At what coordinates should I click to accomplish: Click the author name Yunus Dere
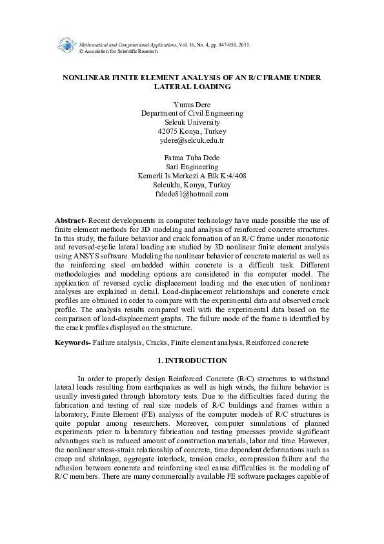192,104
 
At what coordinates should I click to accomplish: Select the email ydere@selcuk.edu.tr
192,140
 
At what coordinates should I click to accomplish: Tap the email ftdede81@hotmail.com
192,193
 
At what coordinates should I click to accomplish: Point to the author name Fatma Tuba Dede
192,158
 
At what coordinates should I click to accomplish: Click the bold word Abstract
70,221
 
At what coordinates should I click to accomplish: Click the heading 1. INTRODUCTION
192,360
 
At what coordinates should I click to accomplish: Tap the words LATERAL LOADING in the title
192,86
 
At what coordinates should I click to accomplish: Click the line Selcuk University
192,122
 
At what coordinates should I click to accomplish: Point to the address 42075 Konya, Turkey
192,131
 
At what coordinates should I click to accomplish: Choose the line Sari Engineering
192,167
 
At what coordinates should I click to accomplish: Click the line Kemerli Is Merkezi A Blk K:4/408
192,176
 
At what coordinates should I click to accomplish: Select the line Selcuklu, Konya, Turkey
192,185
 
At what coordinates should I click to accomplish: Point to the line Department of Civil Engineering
192,113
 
